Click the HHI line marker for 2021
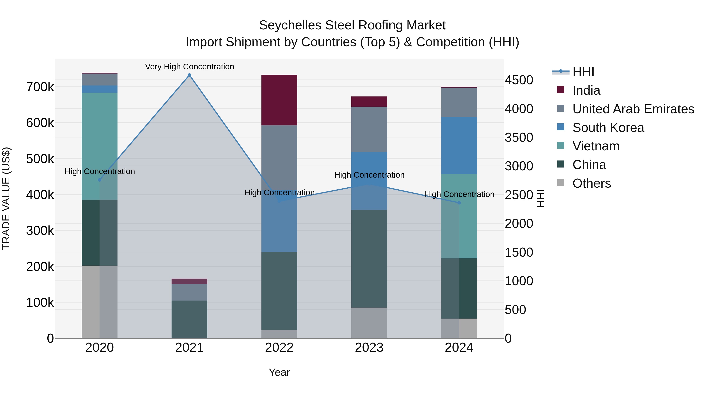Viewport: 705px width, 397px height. (x=189, y=75)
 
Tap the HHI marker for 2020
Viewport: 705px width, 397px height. (x=100, y=180)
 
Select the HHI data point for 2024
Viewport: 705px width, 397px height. (x=459, y=203)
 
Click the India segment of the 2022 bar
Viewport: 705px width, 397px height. (x=279, y=100)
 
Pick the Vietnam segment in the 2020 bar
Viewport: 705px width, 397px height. (x=100, y=146)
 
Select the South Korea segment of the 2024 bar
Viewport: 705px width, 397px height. (x=459, y=145)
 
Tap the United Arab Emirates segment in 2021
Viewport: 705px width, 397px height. (x=189, y=292)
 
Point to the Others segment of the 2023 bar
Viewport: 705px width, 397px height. (x=369, y=323)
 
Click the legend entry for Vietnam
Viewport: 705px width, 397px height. (x=596, y=146)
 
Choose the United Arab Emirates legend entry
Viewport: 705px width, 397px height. (x=633, y=109)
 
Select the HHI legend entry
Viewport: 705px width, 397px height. (x=583, y=72)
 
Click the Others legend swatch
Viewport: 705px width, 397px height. (x=561, y=183)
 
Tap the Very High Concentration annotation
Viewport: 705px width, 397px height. (x=189, y=67)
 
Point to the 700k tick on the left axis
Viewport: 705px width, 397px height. (x=40, y=87)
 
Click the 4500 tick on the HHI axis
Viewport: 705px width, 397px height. (x=519, y=80)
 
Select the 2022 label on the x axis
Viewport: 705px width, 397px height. (x=279, y=348)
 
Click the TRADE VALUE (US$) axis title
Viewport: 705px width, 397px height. (x=6, y=198)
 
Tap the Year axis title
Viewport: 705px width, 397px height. (x=279, y=372)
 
